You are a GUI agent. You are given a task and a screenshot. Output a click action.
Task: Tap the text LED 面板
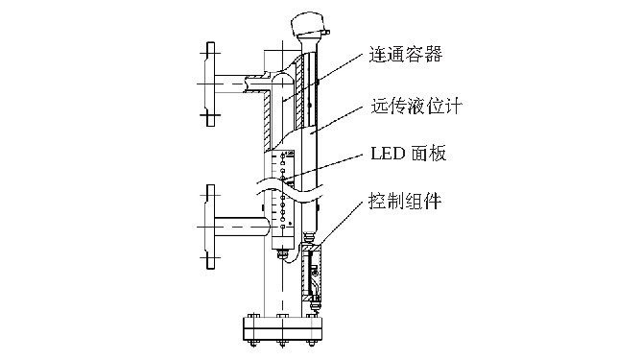tap(407, 154)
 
